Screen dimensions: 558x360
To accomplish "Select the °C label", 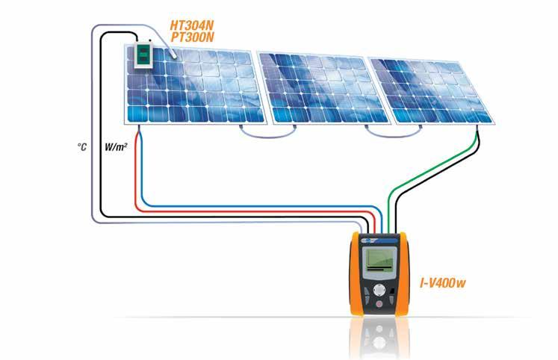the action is tap(83, 148).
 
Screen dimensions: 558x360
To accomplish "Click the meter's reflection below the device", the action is tap(381, 336).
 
